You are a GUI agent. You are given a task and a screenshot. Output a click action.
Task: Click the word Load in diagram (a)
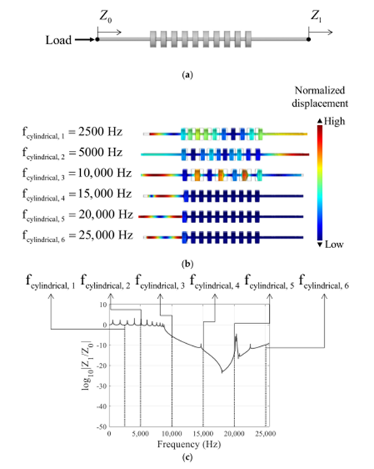coord(59,40)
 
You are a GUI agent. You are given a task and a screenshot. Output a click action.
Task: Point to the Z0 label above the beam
coord(105,17)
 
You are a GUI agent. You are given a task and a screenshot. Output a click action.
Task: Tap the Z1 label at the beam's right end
coord(317,16)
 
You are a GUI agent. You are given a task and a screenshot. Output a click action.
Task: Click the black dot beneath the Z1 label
coord(309,39)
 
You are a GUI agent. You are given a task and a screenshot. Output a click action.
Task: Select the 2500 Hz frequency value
coord(101,132)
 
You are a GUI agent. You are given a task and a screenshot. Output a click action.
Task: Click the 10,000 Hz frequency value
coord(105,173)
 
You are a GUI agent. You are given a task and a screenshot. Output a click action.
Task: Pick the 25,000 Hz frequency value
coord(106,235)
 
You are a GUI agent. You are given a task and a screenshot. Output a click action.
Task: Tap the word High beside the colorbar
coord(334,121)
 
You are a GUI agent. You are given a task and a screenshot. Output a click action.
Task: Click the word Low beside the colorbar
coord(334,244)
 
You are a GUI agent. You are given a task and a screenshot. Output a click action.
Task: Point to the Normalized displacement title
coord(320,97)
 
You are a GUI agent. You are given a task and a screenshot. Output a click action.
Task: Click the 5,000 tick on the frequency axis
coord(140,434)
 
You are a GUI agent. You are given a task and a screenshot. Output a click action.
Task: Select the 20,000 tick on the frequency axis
coord(234,434)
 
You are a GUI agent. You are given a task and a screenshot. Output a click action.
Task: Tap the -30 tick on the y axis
coord(101,386)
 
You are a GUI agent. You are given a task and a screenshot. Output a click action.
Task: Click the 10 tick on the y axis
coord(104,305)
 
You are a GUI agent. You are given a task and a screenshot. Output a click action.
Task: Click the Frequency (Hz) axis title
coord(189,444)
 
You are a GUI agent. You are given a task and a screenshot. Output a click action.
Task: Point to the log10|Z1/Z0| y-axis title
coord(87,365)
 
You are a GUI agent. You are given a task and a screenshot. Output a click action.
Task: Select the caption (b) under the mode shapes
coord(187,264)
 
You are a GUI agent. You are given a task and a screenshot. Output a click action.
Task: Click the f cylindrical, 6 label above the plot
coord(324,282)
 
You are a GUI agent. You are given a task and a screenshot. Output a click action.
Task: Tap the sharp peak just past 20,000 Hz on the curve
coord(236,335)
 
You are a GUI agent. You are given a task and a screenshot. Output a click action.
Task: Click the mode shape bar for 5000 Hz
coord(225,155)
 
